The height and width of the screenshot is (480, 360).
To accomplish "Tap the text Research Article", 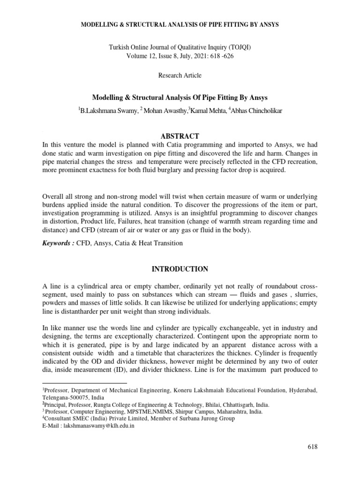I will coord(180,75).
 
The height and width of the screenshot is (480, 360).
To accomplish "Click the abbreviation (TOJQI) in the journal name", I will coord(241,48).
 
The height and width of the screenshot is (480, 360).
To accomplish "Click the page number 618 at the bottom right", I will coord(312,447).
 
